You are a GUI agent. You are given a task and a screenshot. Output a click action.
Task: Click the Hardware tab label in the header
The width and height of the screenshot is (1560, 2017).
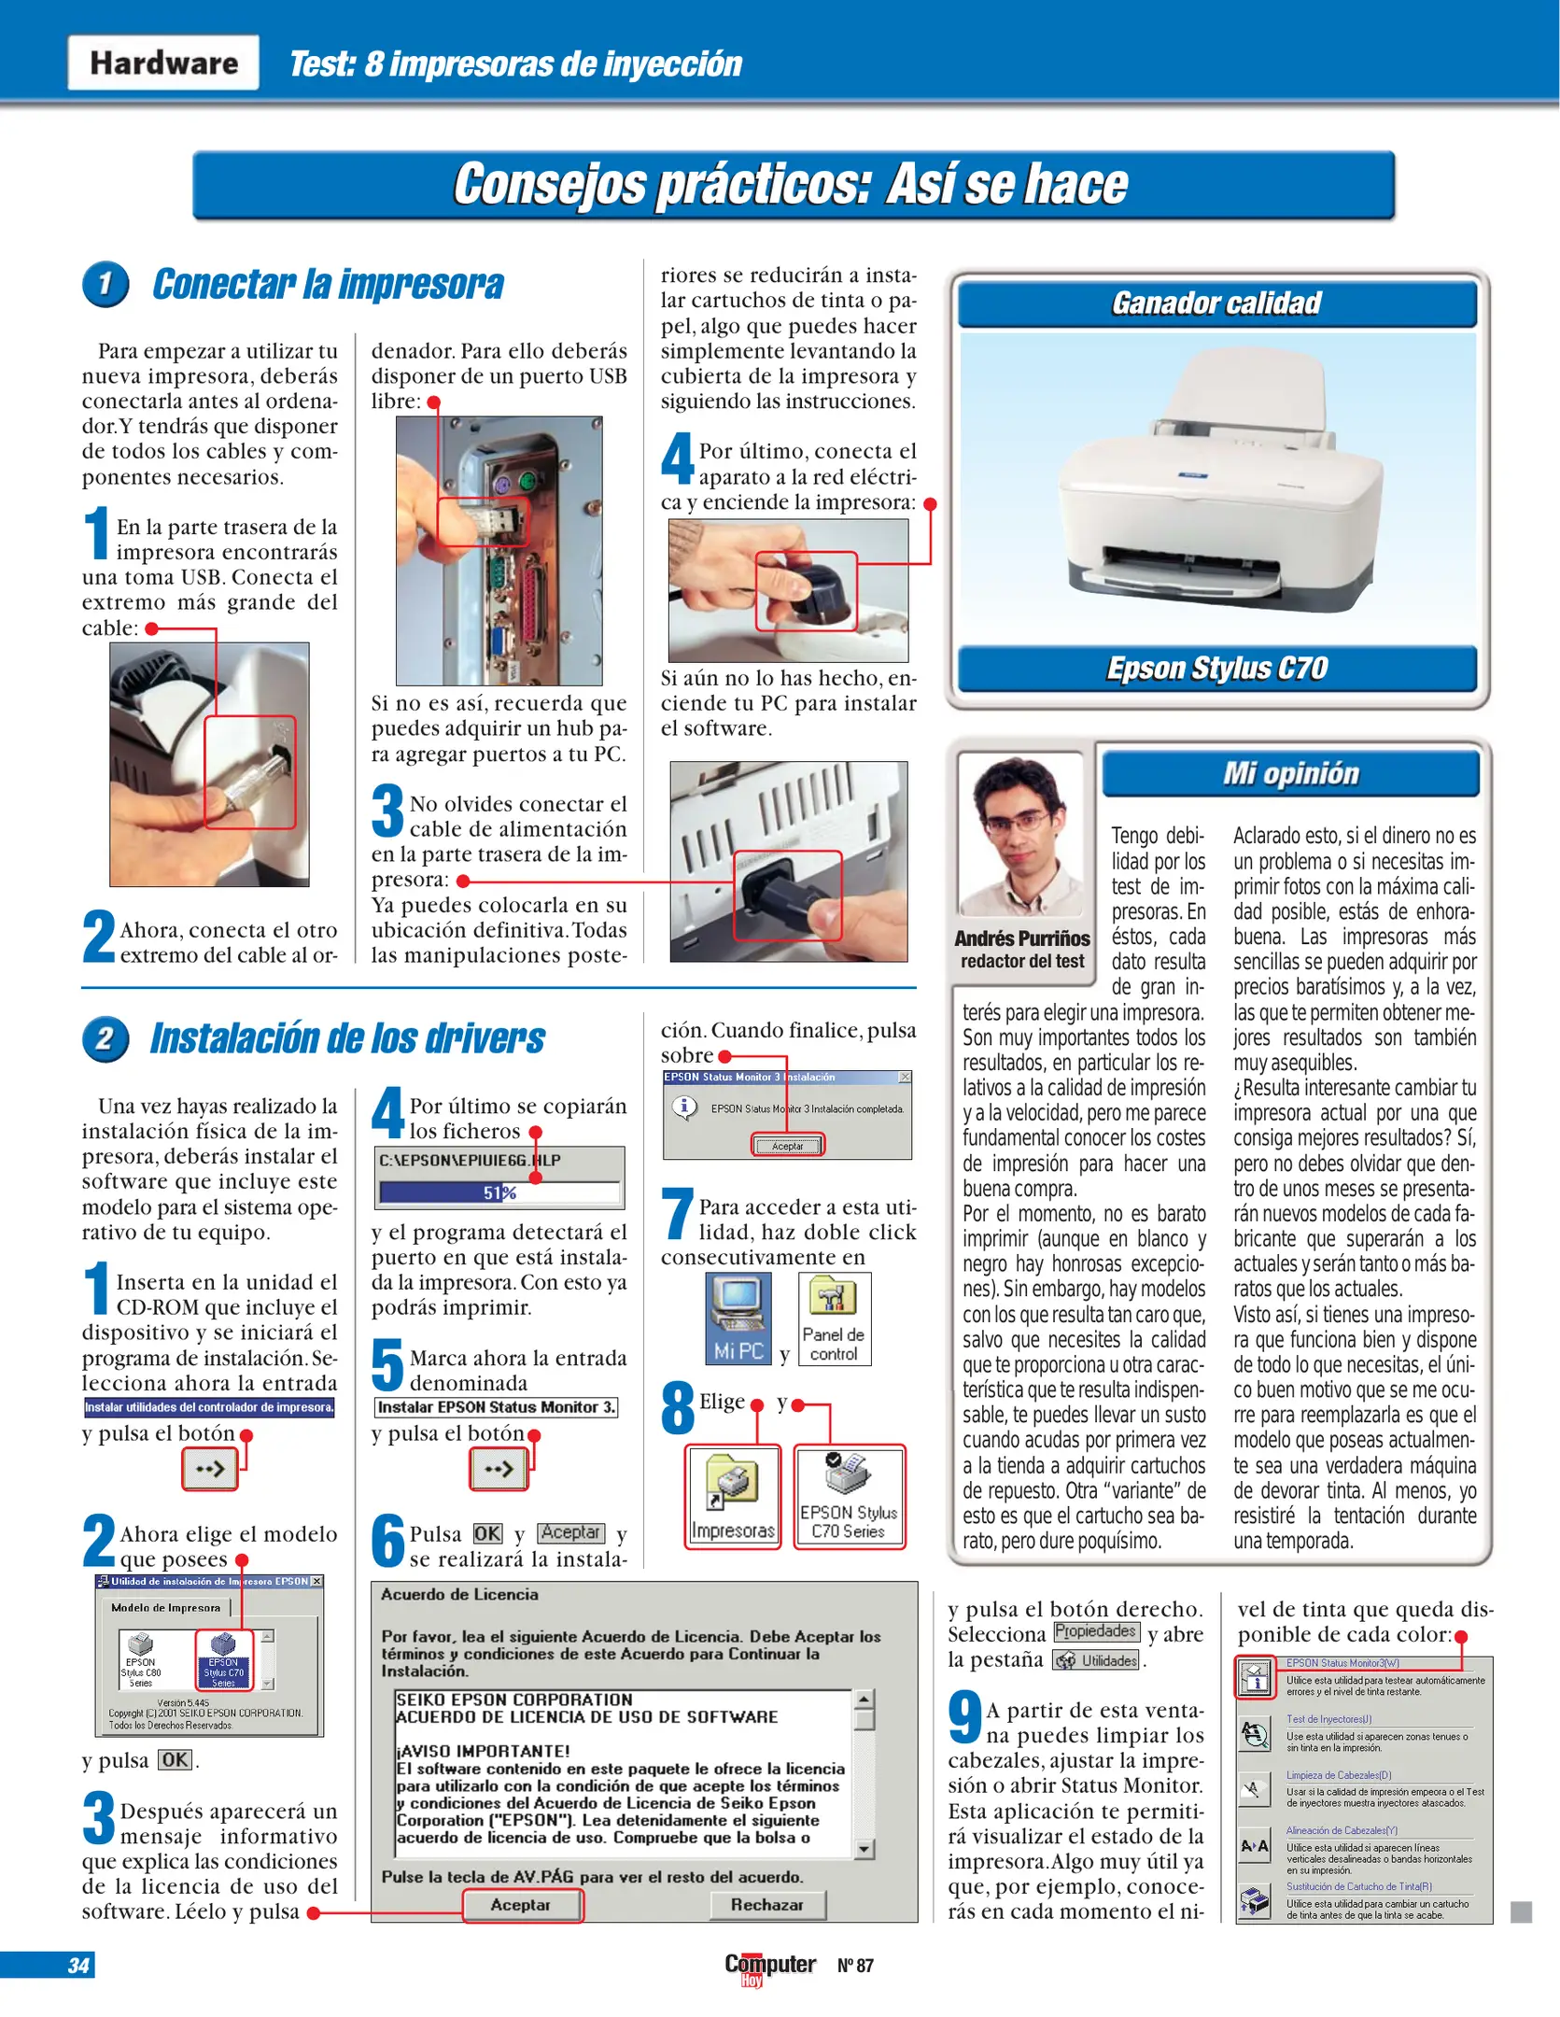[x=163, y=63]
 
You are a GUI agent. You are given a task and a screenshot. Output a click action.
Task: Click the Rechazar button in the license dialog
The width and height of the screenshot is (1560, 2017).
[x=766, y=1904]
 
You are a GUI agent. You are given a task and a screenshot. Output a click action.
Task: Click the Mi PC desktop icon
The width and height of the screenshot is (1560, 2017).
[x=738, y=1318]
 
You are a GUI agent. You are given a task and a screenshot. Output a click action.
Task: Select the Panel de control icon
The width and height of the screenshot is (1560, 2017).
[x=834, y=1318]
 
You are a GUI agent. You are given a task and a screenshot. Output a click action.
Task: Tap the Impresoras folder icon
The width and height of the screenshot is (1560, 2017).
[x=733, y=1496]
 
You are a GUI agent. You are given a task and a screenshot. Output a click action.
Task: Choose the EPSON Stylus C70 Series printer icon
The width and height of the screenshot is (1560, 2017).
[x=849, y=1496]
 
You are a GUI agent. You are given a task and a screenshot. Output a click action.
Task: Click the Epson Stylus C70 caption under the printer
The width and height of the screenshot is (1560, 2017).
[x=1216, y=669]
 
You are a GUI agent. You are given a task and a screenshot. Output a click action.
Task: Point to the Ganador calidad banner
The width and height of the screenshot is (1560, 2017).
[x=1216, y=303]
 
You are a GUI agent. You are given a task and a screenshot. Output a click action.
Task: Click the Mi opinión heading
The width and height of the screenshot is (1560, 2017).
[x=1290, y=773]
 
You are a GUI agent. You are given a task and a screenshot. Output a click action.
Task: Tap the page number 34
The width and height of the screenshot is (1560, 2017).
[x=78, y=1965]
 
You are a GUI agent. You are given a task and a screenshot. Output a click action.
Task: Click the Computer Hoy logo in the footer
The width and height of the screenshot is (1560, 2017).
[x=770, y=1967]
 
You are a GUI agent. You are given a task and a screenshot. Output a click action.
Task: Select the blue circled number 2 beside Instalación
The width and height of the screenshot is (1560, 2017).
[x=105, y=1038]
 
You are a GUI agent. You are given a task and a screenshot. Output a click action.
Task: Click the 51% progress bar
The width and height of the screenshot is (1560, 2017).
[x=499, y=1192]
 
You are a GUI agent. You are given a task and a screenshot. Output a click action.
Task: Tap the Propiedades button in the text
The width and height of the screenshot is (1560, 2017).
[x=1096, y=1631]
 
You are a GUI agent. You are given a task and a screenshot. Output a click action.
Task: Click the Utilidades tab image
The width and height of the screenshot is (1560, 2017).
[x=1097, y=1660]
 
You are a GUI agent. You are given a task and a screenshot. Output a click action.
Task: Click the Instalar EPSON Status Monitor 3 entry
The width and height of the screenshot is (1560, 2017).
[x=496, y=1407]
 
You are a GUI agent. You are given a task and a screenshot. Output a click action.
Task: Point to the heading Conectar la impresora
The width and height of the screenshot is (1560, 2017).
[x=328, y=285]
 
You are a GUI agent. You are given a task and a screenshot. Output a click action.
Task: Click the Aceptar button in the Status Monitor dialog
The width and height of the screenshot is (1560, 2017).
[x=787, y=1146]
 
